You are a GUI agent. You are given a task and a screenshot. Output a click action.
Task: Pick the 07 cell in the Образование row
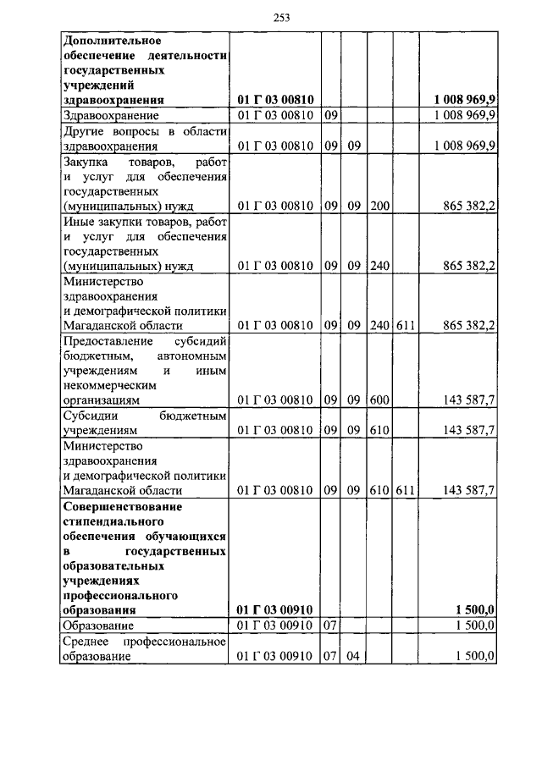[x=331, y=625]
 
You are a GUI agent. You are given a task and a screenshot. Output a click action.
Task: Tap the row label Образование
[x=99, y=625]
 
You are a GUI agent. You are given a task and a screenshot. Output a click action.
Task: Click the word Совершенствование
[x=123, y=506]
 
